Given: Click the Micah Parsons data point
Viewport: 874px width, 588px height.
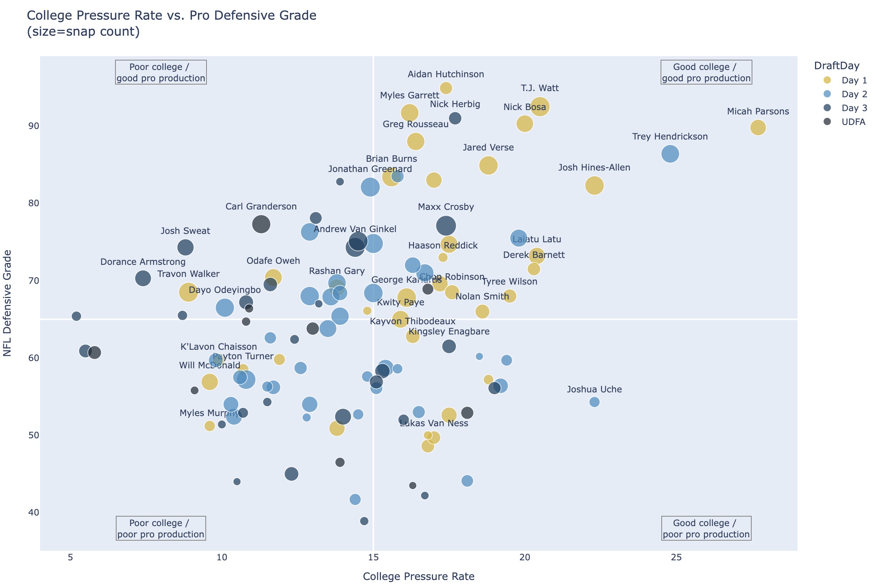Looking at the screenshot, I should click(758, 128).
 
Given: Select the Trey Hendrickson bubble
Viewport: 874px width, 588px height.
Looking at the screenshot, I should click(670, 154).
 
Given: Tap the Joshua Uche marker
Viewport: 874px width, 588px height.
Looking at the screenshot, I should click(594, 402).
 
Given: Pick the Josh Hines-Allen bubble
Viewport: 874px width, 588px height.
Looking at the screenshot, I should click(594, 185).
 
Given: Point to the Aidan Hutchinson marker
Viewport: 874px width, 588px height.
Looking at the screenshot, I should click(446, 88).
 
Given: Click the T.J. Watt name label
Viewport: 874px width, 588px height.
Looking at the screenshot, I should click(540, 88).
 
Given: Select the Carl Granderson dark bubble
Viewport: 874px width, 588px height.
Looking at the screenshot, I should click(261, 224).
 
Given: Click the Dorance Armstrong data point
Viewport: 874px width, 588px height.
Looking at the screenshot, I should click(143, 278).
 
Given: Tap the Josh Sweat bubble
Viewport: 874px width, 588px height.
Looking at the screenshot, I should click(185, 247).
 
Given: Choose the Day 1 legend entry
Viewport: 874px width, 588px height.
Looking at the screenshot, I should click(854, 80).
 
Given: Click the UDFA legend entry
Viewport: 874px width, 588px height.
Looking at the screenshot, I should click(853, 122).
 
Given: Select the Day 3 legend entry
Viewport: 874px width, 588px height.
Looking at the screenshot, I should click(854, 108).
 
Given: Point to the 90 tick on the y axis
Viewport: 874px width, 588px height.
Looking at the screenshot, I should click(34, 126).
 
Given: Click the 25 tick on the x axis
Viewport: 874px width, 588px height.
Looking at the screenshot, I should click(676, 557).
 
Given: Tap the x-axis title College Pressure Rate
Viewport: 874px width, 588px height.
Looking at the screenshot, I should click(419, 576).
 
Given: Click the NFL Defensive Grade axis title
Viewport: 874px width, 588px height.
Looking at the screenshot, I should click(8, 303).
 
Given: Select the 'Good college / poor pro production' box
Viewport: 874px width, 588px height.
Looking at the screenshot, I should click(706, 528).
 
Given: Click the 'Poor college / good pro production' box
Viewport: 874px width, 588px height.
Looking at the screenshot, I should click(161, 72).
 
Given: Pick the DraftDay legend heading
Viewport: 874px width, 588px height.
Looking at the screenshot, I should click(836, 66).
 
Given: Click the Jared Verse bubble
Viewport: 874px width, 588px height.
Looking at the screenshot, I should click(488, 165).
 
